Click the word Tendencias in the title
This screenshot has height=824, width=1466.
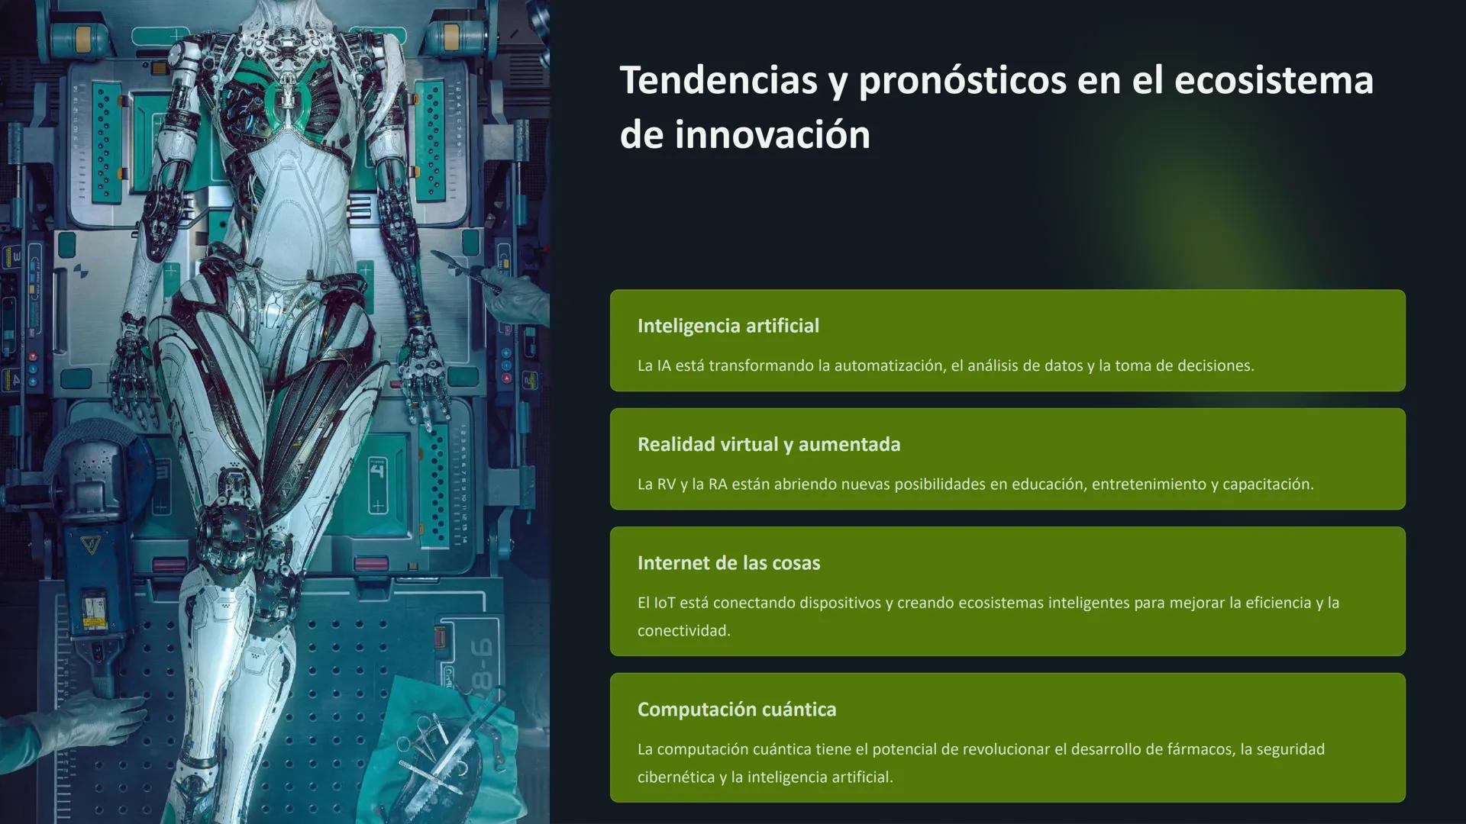(718, 80)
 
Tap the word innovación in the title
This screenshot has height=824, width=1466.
(772, 135)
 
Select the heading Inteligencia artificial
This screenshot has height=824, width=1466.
(728, 326)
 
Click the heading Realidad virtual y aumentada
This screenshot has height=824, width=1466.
(768, 444)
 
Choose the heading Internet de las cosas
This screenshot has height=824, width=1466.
(728, 563)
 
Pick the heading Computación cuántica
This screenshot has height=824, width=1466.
(736, 710)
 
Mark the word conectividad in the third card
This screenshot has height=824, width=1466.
(683, 631)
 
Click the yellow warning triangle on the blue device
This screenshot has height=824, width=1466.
(91, 545)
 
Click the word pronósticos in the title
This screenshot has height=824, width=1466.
(961, 80)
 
